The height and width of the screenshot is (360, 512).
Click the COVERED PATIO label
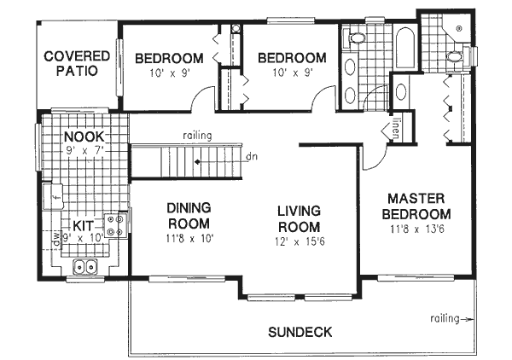point(78,65)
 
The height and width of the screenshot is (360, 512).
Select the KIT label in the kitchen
point(83,225)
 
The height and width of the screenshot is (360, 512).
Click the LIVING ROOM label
point(298,218)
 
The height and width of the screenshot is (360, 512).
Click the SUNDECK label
point(299,331)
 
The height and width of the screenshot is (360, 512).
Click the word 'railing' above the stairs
point(196,136)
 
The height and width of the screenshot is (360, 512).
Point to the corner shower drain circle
point(459,29)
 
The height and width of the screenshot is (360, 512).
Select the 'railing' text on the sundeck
point(444,318)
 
